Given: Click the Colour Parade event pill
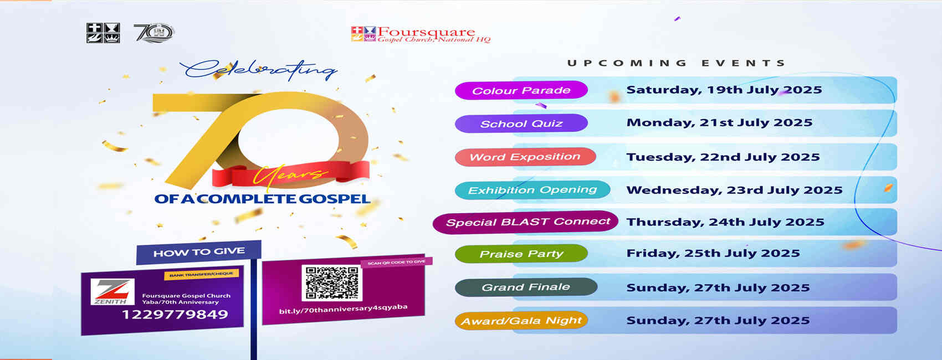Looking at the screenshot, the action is click(x=521, y=90).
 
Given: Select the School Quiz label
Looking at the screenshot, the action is click(x=521, y=124).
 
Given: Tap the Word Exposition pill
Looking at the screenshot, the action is click(x=525, y=157).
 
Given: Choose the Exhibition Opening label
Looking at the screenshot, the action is click(x=533, y=189).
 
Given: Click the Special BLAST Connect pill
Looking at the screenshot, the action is click(x=525, y=222).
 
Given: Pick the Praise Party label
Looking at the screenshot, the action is click(x=521, y=254).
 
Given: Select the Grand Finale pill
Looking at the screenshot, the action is click(x=526, y=287).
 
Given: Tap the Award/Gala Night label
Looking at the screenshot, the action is click(x=521, y=321).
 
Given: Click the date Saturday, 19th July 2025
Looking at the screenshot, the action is click(x=724, y=90).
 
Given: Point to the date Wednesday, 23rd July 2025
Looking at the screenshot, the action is click(x=734, y=190).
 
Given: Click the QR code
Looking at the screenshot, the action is click(x=332, y=282).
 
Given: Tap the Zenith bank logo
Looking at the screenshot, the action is click(x=112, y=291).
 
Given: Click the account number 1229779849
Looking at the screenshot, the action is click(x=175, y=315).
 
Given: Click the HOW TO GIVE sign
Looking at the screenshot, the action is click(x=198, y=253).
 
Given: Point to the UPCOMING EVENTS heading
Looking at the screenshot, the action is click(x=676, y=63).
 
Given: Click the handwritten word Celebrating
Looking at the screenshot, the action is click(x=258, y=70).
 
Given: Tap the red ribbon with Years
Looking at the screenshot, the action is click(x=291, y=174).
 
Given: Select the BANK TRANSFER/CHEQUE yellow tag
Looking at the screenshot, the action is click(x=202, y=275).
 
